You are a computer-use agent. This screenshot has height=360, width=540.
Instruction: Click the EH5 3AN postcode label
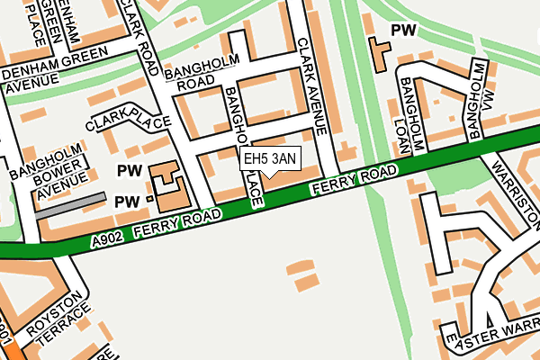click(269, 159)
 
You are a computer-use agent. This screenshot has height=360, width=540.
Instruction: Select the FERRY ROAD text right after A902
click(177, 225)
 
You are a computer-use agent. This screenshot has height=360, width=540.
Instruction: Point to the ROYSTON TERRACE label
click(58, 323)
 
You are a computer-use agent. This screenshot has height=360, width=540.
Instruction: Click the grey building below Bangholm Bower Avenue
click(71, 204)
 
